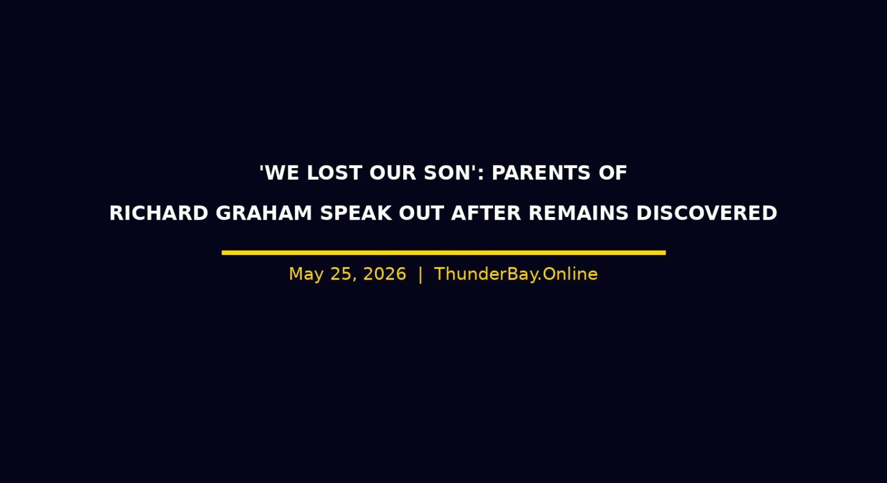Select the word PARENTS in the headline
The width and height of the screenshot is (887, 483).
click(541, 173)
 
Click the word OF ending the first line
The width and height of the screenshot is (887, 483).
click(613, 173)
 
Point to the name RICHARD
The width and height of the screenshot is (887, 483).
click(159, 213)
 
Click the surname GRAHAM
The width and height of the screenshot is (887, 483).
click(264, 213)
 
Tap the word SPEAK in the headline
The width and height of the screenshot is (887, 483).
click(356, 213)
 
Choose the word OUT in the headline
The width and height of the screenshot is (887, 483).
click(421, 213)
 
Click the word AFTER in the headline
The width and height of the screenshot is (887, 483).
click(486, 213)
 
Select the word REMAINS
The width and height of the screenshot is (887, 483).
click(579, 213)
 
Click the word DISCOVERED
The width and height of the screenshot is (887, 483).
click(707, 213)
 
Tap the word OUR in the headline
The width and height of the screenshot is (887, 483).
click(393, 173)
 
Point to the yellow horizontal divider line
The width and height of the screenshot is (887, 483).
click(444, 253)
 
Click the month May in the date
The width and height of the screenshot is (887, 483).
click(306, 275)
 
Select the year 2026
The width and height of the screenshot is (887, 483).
click(385, 274)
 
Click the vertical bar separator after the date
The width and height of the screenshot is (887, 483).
click(420, 275)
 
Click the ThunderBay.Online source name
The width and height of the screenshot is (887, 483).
click(516, 274)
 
